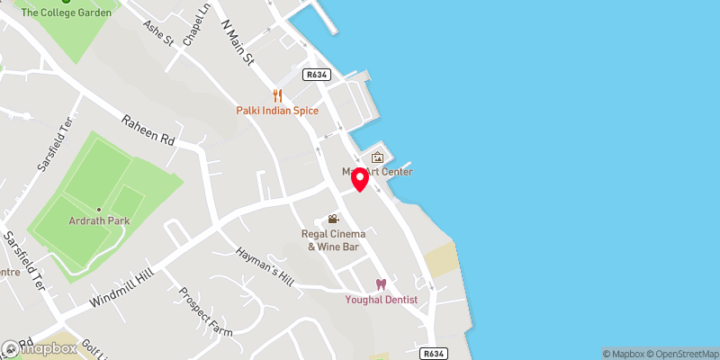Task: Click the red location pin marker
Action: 360,179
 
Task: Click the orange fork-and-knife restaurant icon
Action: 278,94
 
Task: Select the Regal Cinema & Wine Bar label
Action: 334,240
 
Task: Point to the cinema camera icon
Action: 334,219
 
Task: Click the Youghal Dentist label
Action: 381,300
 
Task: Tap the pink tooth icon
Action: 381,284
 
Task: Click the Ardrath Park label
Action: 99,220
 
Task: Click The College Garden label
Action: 67,13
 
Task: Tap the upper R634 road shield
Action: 315,75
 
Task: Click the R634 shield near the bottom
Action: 434,354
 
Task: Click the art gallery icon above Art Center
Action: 377,157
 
